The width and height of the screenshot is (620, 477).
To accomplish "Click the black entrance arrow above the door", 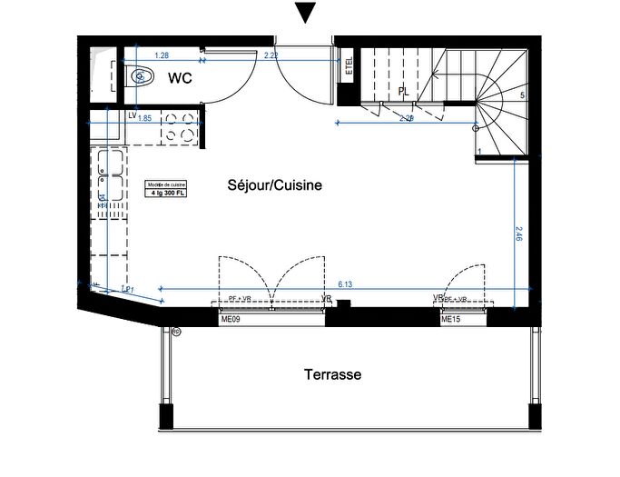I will point(307,13).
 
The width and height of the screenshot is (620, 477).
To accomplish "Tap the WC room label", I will point(179,79).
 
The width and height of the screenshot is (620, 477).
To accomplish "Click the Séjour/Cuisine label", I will point(274,185).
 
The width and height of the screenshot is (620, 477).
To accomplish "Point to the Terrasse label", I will point(332,374).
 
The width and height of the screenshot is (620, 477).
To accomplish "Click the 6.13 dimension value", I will point(345,284).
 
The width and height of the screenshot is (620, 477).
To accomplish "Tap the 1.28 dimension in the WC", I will point(162,56).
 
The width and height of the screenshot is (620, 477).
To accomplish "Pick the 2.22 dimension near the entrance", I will point(271,56).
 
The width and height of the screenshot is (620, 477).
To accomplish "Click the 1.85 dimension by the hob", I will point(144,117).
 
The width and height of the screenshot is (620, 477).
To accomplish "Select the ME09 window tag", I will point(231,320).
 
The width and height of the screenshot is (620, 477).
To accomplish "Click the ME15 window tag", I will point(451,320).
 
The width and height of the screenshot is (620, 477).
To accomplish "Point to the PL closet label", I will point(402,91).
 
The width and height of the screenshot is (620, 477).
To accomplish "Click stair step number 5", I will point(522,95).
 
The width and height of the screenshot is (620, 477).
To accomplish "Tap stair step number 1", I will point(478,152).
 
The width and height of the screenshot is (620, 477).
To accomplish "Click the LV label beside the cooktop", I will point(132,116).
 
